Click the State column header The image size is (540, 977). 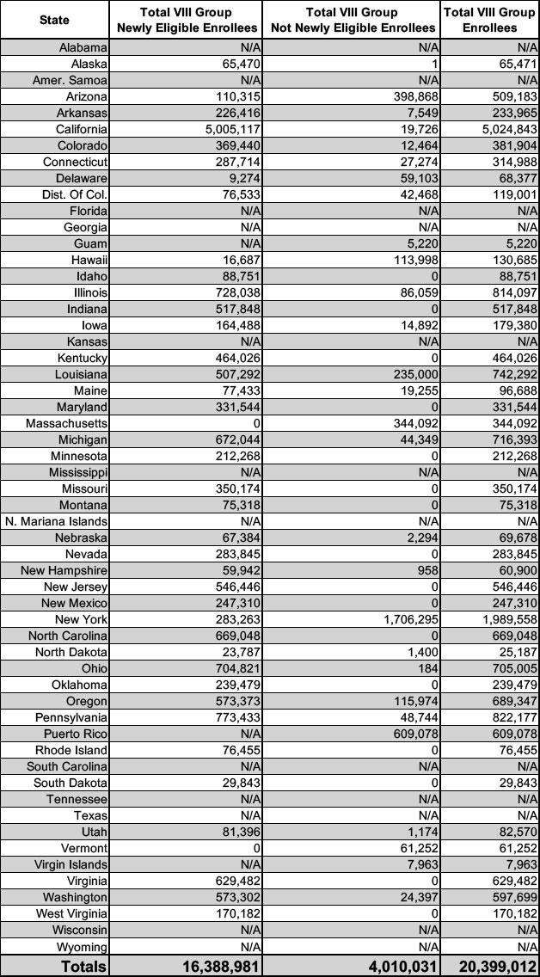click(55, 19)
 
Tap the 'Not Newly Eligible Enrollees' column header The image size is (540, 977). click(353, 19)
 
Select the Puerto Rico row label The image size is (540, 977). click(76, 734)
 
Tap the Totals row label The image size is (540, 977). click(83, 966)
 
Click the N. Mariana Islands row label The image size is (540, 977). click(57, 521)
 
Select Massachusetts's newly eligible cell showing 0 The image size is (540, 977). click(256, 423)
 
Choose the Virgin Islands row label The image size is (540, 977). click(71, 864)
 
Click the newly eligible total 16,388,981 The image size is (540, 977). click(220, 966)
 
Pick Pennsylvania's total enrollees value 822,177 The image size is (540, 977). click(512, 717)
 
